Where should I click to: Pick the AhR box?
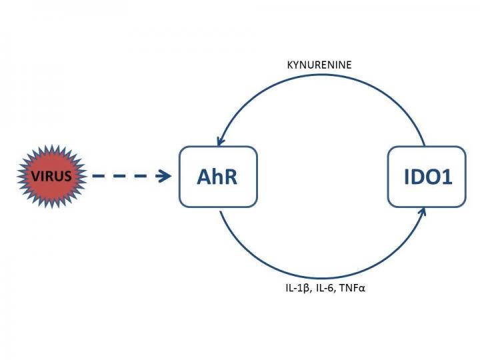[218, 177]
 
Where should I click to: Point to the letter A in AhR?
[203, 177]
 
